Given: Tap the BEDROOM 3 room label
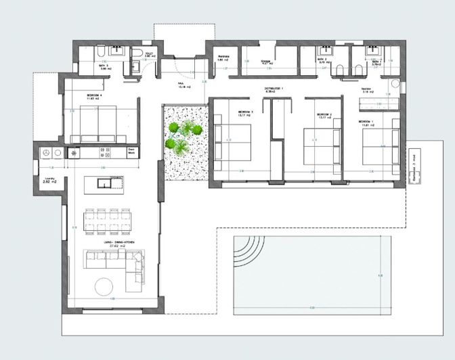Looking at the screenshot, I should pyautogui.click(x=245, y=112).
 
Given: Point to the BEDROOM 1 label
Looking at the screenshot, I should pyautogui.click(x=368, y=121).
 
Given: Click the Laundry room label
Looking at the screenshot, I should pyautogui.click(x=47, y=179).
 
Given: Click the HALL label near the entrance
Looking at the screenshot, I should pyautogui.click(x=181, y=85).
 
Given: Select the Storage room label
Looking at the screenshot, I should pyautogui.click(x=266, y=61).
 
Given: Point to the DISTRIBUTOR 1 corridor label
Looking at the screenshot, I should pyautogui.click(x=274, y=89).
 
